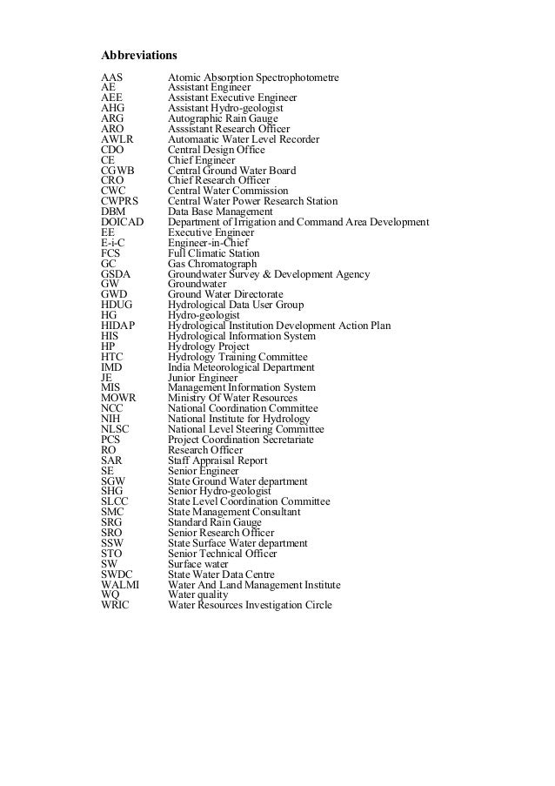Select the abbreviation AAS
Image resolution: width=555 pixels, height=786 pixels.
coord(111,78)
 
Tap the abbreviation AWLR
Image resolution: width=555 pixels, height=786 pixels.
coord(117,138)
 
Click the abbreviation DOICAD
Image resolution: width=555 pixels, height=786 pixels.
coord(123,221)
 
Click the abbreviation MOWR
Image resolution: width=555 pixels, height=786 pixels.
coord(118,398)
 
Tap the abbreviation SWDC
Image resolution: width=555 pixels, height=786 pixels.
coord(117,574)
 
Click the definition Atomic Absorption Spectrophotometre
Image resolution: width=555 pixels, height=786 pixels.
coord(253,78)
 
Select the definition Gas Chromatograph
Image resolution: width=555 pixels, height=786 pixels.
coord(212,264)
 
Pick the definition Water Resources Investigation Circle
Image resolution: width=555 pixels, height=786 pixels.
coord(250,605)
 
